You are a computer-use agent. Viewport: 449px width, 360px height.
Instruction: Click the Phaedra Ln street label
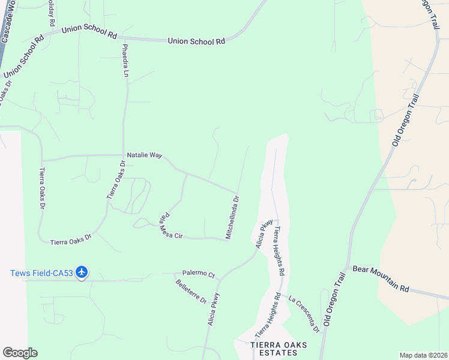click(125, 60)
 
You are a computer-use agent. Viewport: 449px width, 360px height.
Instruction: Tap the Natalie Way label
click(144, 155)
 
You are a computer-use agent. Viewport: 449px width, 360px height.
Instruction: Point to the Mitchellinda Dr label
click(232, 217)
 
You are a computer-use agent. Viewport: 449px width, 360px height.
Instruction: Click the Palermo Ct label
click(199, 274)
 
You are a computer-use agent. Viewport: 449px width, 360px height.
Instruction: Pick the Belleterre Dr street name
click(191, 290)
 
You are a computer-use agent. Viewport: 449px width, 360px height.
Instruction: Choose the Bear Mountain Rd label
click(381, 279)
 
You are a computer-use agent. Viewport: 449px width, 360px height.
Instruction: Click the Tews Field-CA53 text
click(41, 273)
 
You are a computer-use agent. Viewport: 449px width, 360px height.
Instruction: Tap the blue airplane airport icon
click(82, 273)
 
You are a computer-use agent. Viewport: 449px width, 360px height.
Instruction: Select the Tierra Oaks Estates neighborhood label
click(274, 349)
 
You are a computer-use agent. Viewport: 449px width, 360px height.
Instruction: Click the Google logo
click(20, 353)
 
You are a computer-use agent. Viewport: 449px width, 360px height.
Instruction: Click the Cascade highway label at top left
click(8, 27)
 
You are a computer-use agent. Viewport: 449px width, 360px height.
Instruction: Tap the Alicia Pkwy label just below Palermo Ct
click(213, 309)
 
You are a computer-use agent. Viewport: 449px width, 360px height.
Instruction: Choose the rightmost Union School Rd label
click(196, 41)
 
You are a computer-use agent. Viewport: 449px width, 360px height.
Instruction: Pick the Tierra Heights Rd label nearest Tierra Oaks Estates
click(268, 315)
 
